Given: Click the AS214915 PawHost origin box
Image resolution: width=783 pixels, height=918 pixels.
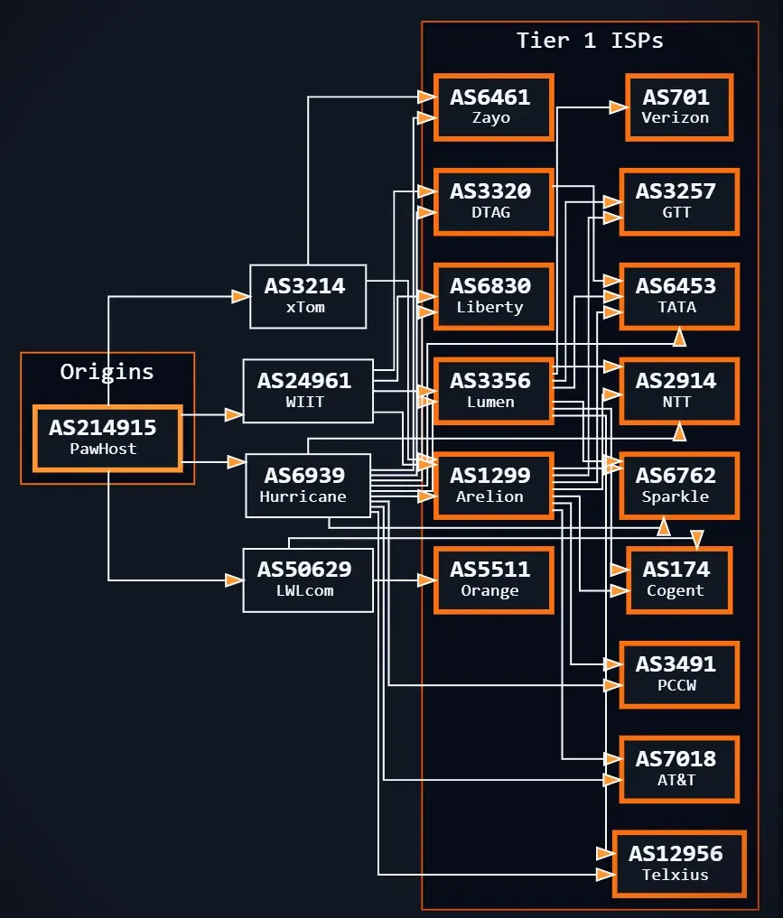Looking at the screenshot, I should tap(107, 438).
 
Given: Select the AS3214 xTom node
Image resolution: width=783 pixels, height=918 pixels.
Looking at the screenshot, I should tap(308, 296).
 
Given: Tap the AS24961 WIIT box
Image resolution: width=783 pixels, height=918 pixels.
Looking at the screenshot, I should tap(308, 391).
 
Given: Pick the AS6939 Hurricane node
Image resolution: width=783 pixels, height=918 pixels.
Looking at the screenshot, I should tap(308, 485).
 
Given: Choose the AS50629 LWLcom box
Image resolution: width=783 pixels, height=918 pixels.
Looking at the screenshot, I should tap(308, 580).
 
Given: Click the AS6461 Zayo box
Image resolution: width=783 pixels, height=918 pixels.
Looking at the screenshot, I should tap(493, 107).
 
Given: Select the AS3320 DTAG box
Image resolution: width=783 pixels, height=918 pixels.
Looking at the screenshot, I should tap(493, 201).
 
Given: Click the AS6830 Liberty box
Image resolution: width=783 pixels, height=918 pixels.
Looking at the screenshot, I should tap(493, 296).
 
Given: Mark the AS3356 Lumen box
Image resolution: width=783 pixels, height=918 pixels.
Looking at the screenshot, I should tap(493, 391).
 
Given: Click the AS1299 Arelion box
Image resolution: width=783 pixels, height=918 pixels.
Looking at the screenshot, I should tap(493, 485).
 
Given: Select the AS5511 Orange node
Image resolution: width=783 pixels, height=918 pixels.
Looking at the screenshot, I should tap(493, 580).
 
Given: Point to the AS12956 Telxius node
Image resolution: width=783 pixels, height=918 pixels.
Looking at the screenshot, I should tap(679, 863).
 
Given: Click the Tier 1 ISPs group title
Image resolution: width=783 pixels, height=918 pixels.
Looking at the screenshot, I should tap(590, 41).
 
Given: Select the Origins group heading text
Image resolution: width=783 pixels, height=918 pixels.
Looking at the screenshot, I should tap(107, 371).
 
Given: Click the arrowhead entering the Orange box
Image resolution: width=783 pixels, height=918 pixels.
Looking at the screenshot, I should tap(425, 580).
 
